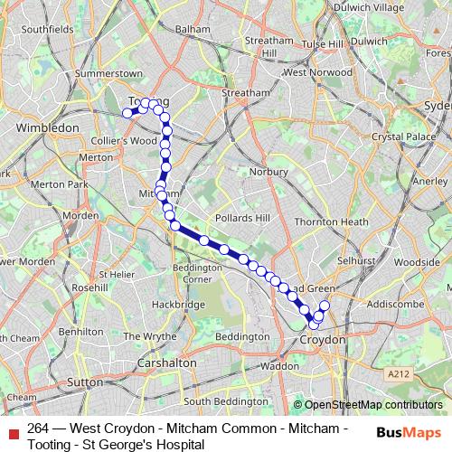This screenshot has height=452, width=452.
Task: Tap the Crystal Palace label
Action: [399, 137]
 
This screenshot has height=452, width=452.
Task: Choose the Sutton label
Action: [86, 382]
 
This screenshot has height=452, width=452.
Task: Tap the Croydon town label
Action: [322, 339]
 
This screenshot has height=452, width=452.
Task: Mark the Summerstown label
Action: [110, 72]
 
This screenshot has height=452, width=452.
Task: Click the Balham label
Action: [192, 29]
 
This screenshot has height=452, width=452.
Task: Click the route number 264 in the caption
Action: [37, 428]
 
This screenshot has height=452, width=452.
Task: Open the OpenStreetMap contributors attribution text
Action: [372, 406]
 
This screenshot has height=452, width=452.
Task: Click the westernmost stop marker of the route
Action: [127, 113]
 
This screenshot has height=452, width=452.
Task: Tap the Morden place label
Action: [80, 216]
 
